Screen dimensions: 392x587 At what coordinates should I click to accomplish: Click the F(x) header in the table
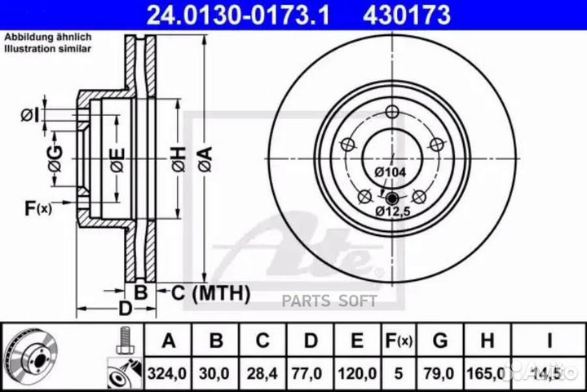point(399,340)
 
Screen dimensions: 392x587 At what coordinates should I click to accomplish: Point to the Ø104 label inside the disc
point(391,171)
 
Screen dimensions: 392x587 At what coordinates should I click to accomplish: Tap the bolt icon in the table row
point(124,339)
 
